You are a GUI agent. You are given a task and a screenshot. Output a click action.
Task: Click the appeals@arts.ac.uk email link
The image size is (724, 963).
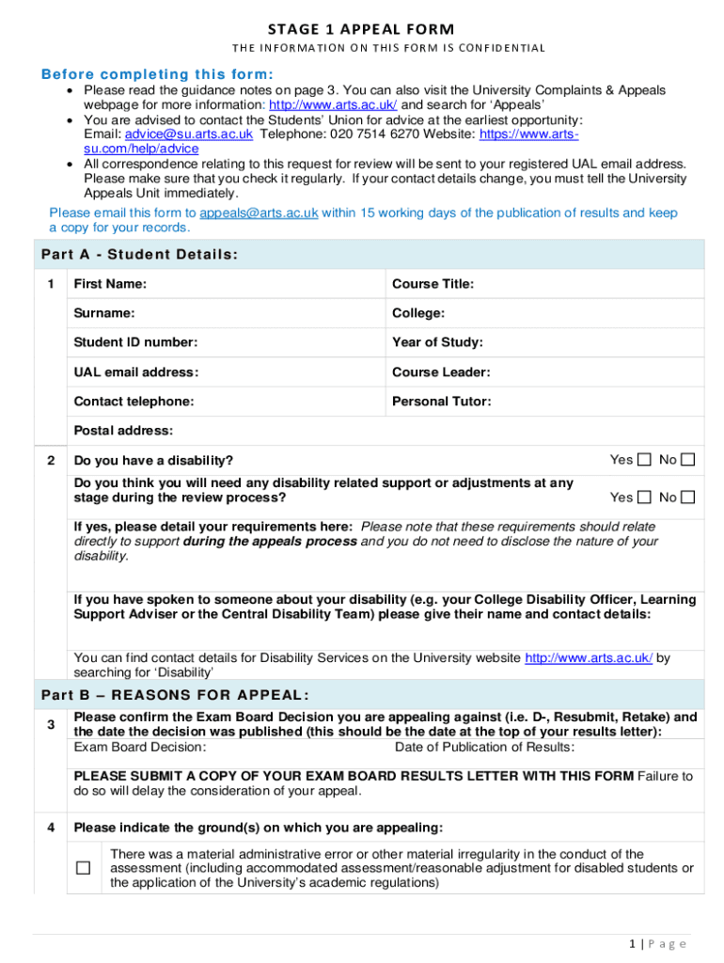click(259, 213)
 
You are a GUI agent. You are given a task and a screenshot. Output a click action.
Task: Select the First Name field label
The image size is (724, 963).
click(110, 284)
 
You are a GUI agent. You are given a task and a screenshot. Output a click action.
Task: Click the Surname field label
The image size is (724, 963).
click(103, 313)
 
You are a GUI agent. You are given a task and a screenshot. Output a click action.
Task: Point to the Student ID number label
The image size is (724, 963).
click(135, 342)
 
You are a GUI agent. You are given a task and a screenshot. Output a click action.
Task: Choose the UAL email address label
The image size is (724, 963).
click(136, 372)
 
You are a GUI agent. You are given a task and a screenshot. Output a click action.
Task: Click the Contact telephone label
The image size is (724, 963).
click(134, 402)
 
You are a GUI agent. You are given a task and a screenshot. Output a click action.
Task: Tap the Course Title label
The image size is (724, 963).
click(433, 284)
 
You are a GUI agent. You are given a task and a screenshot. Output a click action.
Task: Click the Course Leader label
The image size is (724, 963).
click(441, 372)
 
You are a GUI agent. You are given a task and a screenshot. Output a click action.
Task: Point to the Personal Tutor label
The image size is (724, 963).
click(441, 402)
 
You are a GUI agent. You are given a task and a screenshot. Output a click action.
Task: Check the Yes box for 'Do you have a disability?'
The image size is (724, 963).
click(644, 460)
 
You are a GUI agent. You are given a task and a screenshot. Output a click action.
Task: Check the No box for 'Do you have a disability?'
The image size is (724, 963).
click(688, 460)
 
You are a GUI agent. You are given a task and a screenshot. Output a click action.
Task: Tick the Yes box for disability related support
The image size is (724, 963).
click(644, 497)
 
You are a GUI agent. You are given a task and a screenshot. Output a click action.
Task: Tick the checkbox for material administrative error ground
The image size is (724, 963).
click(84, 868)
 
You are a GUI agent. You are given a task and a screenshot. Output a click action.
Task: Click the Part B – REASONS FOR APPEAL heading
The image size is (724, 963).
click(174, 695)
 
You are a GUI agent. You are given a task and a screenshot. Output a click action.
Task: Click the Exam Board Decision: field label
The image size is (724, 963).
click(140, 747)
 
